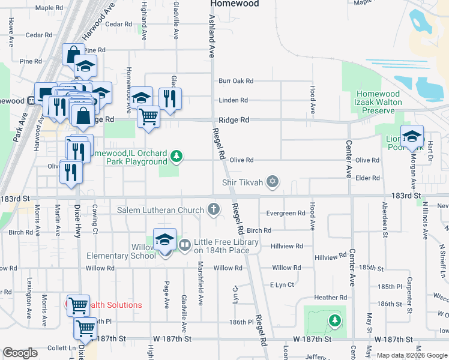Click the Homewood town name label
pyautogui.click(x=234, y=4)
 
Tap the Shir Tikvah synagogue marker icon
pyautogui.click(x=273, y=182)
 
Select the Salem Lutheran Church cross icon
pyautogui.click(x=212, y=209)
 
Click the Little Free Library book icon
pyautogui.click(x=184, y=245)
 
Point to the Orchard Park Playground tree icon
pyautogui.click(x=176, y=157)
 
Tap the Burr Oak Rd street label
pyautogui.click(x=236, y=80)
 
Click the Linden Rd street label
pyautogui.click(x=234, y=100)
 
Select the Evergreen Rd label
pyautogui.click(x=286, y=213)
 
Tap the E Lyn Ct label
pyautogui.click(x=282, y=284)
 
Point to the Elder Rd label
pyautogui.click(x=367, y=178)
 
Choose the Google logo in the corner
pyautogui.click(x=20, y=353)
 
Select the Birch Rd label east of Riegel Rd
pyautogui.click(x=259, y=230)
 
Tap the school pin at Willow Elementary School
pyautogui.click(x=164, y=240)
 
